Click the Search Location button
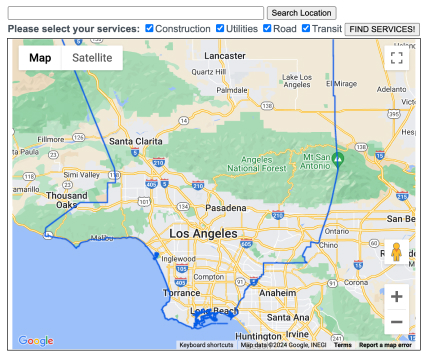tap(301, 13)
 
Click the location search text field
tap(136, 13)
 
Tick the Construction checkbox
tap(150, 29)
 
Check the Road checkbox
tap(267, 29)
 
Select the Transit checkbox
tap(305, 29)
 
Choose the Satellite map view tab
tap(92, 58)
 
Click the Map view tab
tap(40, 58)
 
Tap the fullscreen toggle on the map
tap(396, 58)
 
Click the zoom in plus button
tap(396, 296)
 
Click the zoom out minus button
tap(396, 322)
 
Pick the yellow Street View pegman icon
tap(396, 252)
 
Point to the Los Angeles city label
tap(203, 233)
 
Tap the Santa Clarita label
tap(136, 141)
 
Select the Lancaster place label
tap(224, 56)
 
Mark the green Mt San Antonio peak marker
tap(339, 158)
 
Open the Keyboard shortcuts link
tap(207, 345)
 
